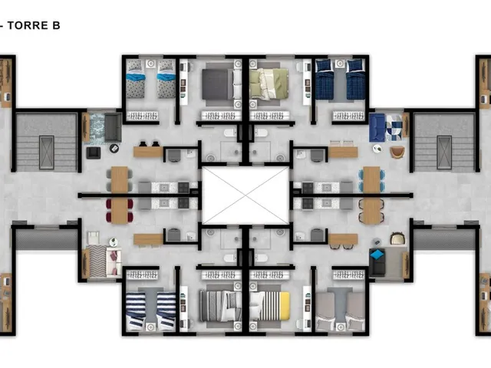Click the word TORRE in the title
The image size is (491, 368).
click(27, 25)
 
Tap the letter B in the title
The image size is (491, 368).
click(56, 25)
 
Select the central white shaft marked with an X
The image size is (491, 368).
click(245, 195)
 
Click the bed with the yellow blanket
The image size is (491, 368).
click(269, 306)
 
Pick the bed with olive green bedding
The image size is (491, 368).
click(269, 84)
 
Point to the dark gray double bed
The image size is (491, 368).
click(222, 84)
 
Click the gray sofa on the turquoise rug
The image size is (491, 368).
click(113, 127)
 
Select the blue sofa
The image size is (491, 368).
click(377, 128)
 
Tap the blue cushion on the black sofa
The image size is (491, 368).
click(377, 255)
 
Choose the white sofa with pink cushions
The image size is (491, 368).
click(114, 261)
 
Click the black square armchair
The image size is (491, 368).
click(94, 153)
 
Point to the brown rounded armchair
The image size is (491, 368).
click(397, 152)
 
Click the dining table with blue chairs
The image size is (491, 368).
click(371, 179)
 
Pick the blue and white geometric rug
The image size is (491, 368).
click(394, 128)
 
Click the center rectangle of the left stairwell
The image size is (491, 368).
click(47, 153)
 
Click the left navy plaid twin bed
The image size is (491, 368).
click(325, 80)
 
